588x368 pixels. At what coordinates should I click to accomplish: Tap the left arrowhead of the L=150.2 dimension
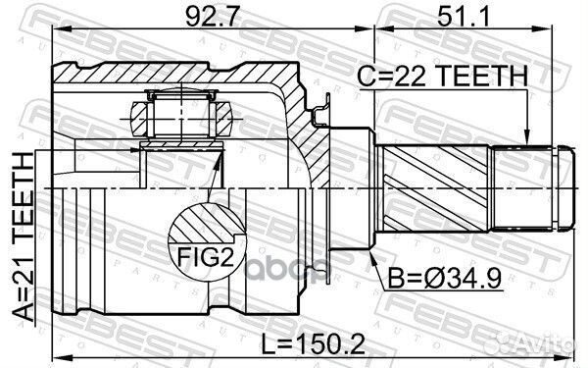click(x=57, y=354)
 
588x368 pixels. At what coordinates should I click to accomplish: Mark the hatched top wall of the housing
click(x=176, y=74)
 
